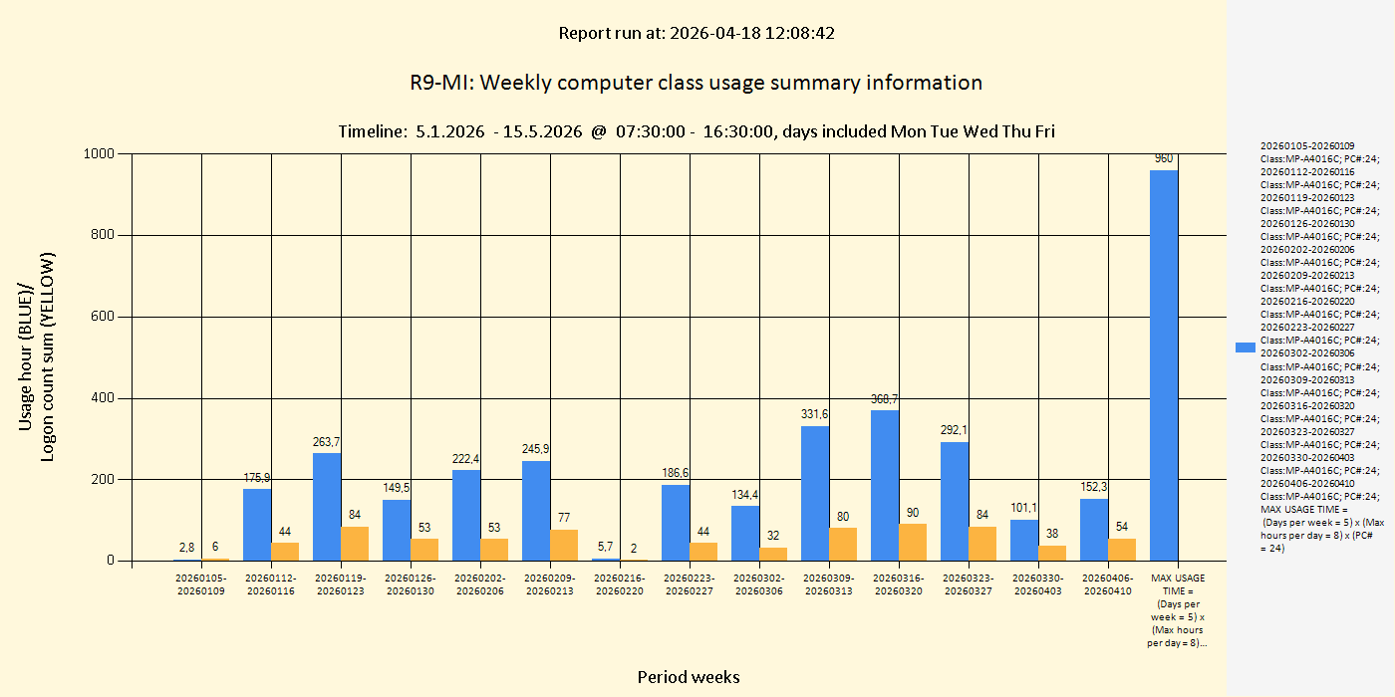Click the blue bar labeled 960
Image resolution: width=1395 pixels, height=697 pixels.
pos(1163,364)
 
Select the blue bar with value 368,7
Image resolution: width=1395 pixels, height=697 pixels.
pos(885,485)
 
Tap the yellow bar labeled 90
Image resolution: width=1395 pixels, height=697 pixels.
pos(913,542)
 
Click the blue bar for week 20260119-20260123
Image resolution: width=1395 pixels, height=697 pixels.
pos(327,507)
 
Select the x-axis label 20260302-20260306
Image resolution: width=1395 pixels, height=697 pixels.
pos(759,584)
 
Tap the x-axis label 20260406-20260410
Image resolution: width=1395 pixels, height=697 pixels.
pos(1108,584)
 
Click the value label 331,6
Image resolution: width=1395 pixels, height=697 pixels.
pos(814,414)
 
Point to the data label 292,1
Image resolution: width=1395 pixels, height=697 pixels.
pos(954,430)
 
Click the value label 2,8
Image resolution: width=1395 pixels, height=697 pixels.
pos(186,547)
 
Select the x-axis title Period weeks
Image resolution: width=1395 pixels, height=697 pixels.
pos(689,677)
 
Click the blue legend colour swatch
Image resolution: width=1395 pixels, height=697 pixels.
pos(1245,348)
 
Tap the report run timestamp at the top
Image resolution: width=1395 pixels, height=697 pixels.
pos(697,33)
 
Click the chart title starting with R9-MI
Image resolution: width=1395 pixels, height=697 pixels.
pos(696,83)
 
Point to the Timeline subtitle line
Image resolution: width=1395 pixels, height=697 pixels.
pos(696,131)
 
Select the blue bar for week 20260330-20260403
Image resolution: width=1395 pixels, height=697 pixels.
pos(1024,540)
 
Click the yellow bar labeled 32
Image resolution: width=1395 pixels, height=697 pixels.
pos(773,554)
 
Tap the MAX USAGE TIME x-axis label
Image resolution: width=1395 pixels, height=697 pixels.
pos(1178,610)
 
